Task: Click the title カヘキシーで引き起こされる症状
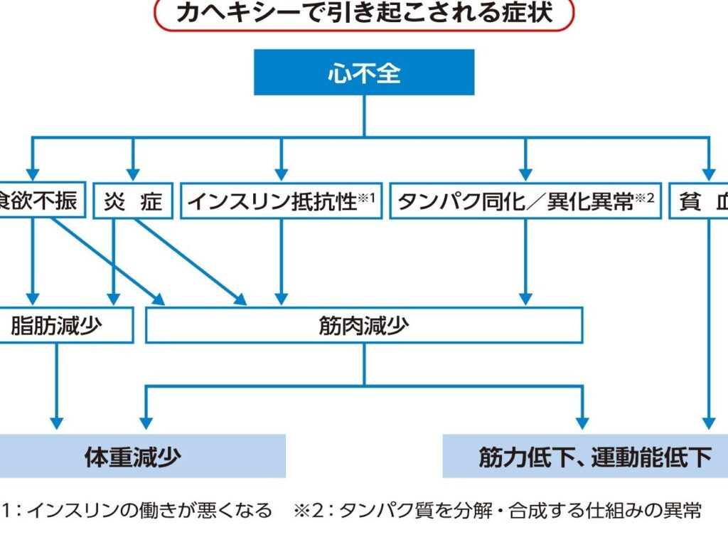coord(363,14)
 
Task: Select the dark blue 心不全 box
coord(364,72)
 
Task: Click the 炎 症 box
coord(132,201)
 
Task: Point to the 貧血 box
coord(700,201)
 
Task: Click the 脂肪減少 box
coord(64,325)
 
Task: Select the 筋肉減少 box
coord(364,325)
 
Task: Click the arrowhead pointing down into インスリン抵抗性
coord(281,174)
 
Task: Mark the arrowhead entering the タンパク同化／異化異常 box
coord(525,174)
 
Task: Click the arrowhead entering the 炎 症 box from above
coord(132,174)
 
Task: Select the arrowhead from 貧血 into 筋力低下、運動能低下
coord(707,424)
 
